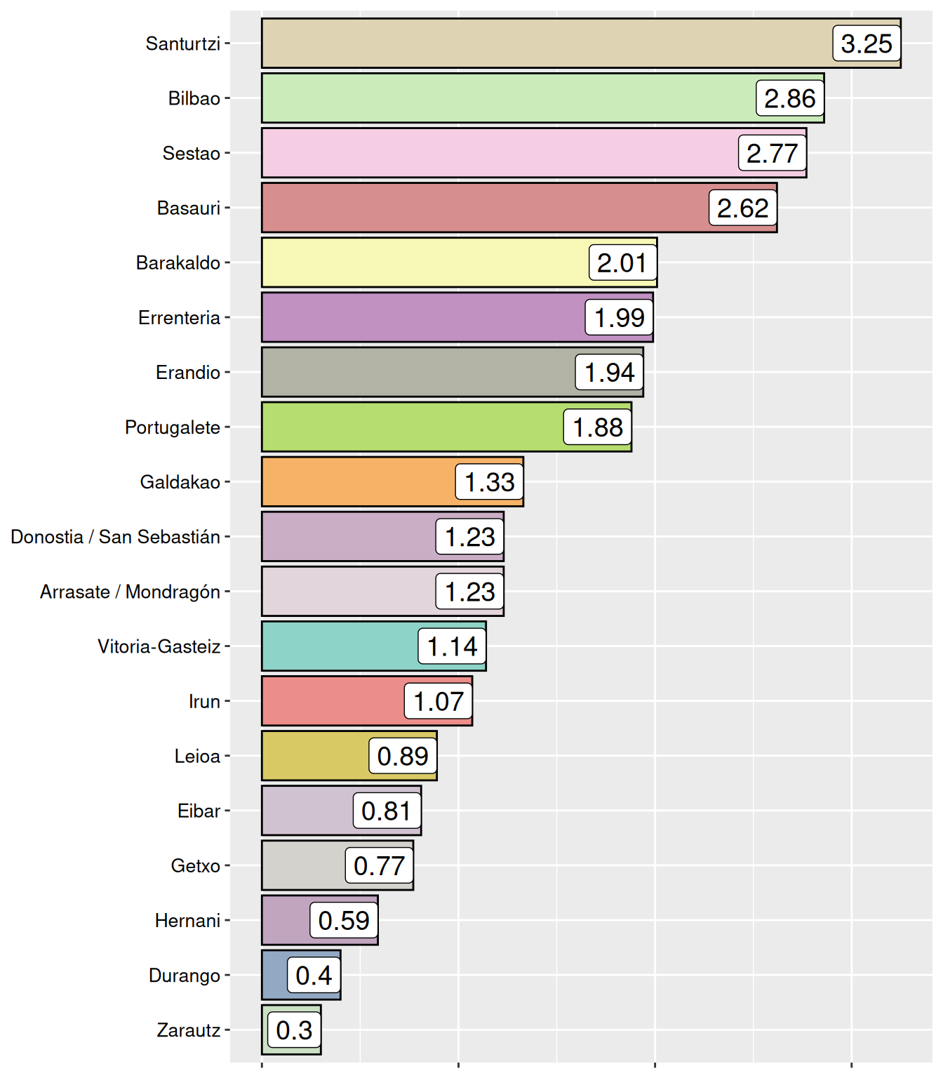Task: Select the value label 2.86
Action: coord(789,98)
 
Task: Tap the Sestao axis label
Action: coord(191,153)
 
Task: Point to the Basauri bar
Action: coord(484,208)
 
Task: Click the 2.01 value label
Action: coord(622,262)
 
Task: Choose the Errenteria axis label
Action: coord(179,318)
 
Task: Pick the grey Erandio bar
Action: coord(418,372)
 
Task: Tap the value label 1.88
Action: coord(598,427)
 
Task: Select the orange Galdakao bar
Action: coord(358,482)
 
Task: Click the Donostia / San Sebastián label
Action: coord(116,537)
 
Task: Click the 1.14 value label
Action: coord(452,646)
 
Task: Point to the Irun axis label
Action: coord(204,701)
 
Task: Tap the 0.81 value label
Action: coord(386,811)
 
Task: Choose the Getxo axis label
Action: coord(195,866)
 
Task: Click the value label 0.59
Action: coord(344,920)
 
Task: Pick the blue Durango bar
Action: coord(274,975)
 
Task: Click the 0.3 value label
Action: coord(294,1030)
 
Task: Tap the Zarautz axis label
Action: coord(188,1030)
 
